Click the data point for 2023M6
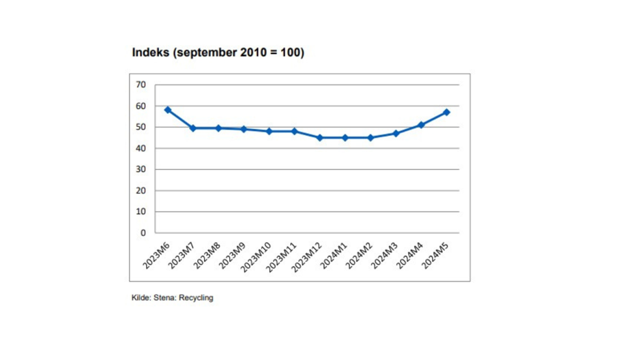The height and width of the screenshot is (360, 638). point(168,110)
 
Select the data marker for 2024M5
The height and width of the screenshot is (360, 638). point(447,112)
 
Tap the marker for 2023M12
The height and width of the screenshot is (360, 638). point(320,138)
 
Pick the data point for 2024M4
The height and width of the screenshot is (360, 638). point(422,125)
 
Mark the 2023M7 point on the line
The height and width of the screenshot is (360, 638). point(193,128)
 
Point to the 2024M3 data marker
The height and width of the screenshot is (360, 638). point(396,134)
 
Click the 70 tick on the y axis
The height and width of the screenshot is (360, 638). point(141,85)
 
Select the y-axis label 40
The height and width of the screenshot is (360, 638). point(141,148)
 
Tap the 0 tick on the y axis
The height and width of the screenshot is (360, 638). point(143,233)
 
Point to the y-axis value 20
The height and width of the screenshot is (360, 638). point(141,191)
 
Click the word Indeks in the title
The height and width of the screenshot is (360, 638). point(151,52)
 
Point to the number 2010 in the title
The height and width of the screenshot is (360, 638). point(250,52)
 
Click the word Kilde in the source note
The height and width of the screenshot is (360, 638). point(141,298)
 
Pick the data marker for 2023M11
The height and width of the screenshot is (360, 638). point(295,131)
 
